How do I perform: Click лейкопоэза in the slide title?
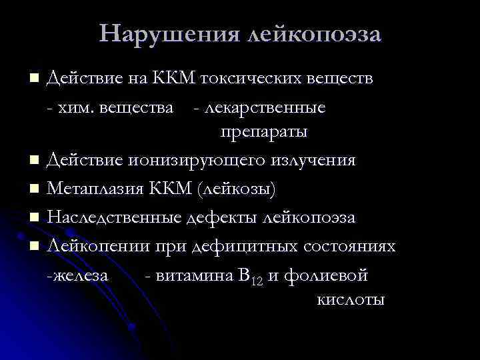(x=314, y=33)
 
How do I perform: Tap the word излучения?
(x=313, y=161)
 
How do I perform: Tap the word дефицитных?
(x=245, y=246)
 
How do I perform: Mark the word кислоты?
(x=349, y=299)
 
